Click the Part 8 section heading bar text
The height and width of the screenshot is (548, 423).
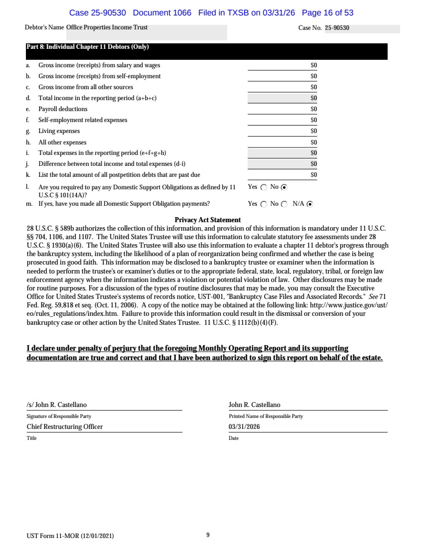coord(88,47)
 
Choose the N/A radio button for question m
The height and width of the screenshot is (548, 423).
coord(310,204)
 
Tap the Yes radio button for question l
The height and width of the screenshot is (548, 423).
coord(264,187)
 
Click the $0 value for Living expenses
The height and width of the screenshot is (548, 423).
coord(314,131)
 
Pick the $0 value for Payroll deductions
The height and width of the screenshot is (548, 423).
coord(314,109)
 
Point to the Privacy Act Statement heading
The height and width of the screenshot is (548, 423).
coord(208,220)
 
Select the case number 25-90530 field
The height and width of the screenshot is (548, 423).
coord(337,28)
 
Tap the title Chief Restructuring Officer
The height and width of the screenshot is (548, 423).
coord(65,427)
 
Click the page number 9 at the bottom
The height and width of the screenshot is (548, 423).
coord(207,536)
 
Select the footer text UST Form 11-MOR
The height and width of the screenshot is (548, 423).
coord(70,536)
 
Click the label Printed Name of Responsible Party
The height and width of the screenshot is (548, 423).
coord(266,416)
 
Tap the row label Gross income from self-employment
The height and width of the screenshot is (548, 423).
coord(99,76)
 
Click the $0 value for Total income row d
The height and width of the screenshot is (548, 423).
coord(314,98)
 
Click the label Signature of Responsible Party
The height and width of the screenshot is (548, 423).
coord(59,416)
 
